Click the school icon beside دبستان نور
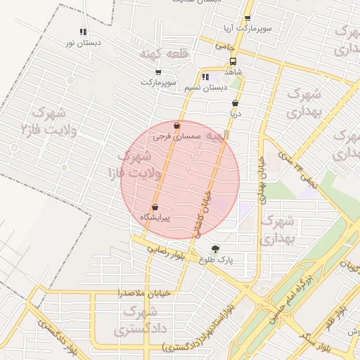[x=84, y=32]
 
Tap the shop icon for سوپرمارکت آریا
[x=247, y=19]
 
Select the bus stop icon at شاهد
[x=233, y=60]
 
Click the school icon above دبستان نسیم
[x=205, y=77]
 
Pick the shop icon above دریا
[x=235, y=103]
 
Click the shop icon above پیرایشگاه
[x=155, y=207]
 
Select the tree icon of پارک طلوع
[x=215, y=248]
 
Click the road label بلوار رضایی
[x=166, y=252]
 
